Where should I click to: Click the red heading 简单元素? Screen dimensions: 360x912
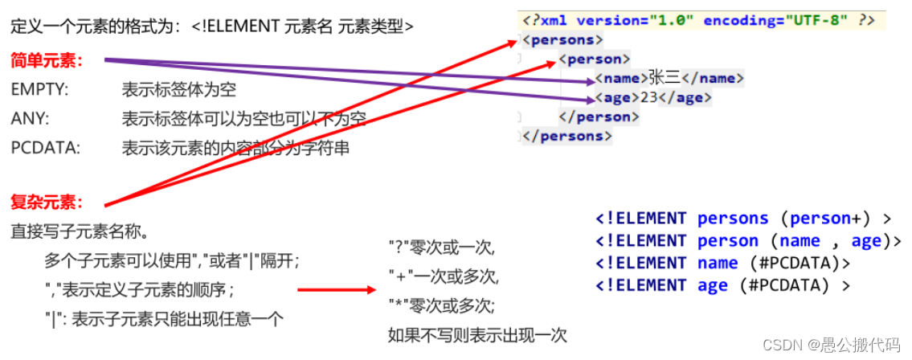click(x=47, y=61)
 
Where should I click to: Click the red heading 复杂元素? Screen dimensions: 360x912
click(x=47, y=201)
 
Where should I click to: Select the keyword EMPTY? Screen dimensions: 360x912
click(x=39, y=90)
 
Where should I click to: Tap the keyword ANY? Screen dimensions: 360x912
click(x=30, y=119)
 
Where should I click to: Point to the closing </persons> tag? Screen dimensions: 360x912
click(x=566, y=136)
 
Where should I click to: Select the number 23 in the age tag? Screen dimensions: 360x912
click(x=649, y=97)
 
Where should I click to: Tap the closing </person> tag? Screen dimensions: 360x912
click(x=598, y=117)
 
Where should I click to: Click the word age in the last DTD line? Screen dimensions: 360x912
click(x=712, y=285)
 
